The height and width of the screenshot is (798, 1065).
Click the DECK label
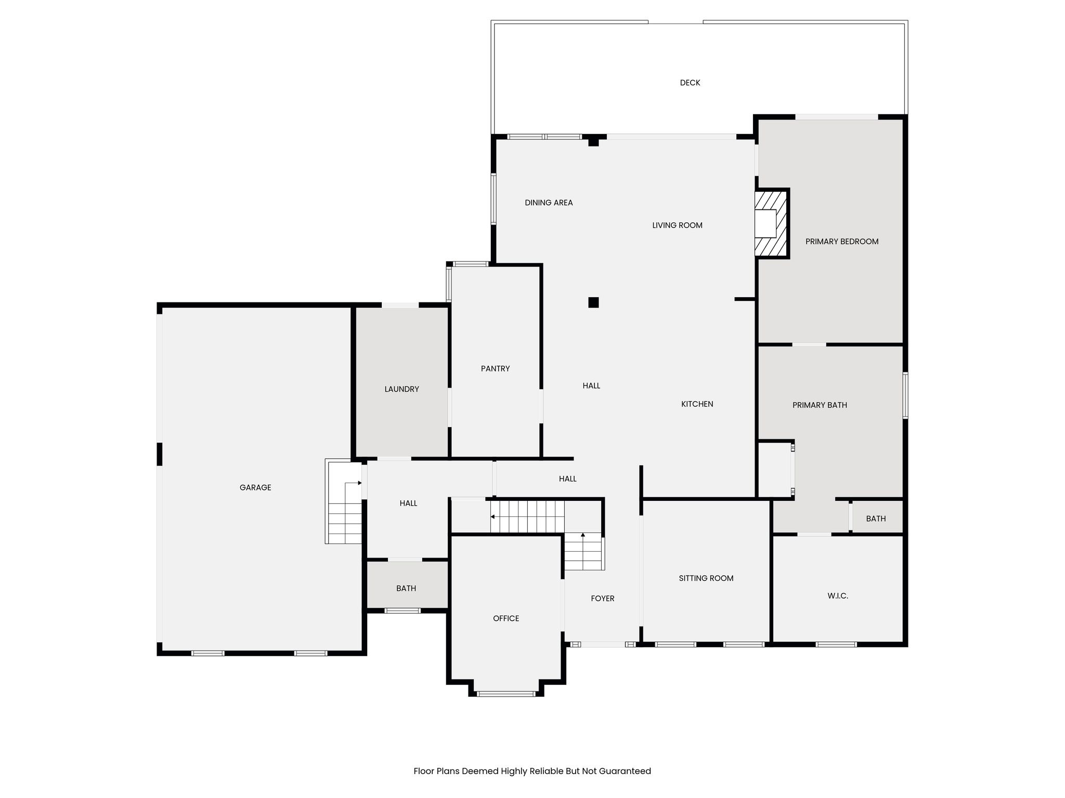pos(690,83)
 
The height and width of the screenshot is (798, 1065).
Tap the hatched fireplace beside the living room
pos(772,223)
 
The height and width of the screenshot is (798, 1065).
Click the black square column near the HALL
pos(593,302)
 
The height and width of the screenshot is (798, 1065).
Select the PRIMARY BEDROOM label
pos(841,242)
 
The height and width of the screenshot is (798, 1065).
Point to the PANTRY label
pos(495,369)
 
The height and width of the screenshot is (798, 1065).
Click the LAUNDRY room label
pos(401,389)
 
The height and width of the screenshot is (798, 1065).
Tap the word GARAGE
pos(255,488)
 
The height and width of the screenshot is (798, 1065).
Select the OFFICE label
pos(506,618)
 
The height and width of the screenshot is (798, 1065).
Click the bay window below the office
pos(506,693)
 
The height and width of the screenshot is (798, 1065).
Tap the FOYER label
pos(602,598)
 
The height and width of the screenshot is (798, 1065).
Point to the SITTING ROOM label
pos(706,578)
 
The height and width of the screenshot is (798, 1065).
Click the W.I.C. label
pos(837,596)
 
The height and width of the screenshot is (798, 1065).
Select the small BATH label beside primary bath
pos(876,518)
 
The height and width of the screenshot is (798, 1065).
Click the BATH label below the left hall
pos(406,589)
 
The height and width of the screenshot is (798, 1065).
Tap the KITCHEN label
pos(697,404)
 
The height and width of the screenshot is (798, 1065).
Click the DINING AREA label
pos(549,203)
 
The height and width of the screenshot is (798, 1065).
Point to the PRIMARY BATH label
pos(820,405)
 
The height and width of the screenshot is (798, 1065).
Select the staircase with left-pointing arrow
pos(527,516)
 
